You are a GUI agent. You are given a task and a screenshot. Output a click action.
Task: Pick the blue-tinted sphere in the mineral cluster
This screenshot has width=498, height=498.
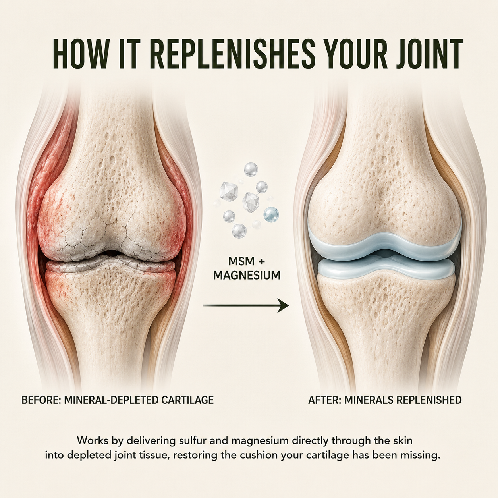coord(271,214)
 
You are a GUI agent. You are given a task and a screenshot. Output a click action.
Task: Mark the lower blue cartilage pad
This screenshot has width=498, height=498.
coord(386,269)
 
